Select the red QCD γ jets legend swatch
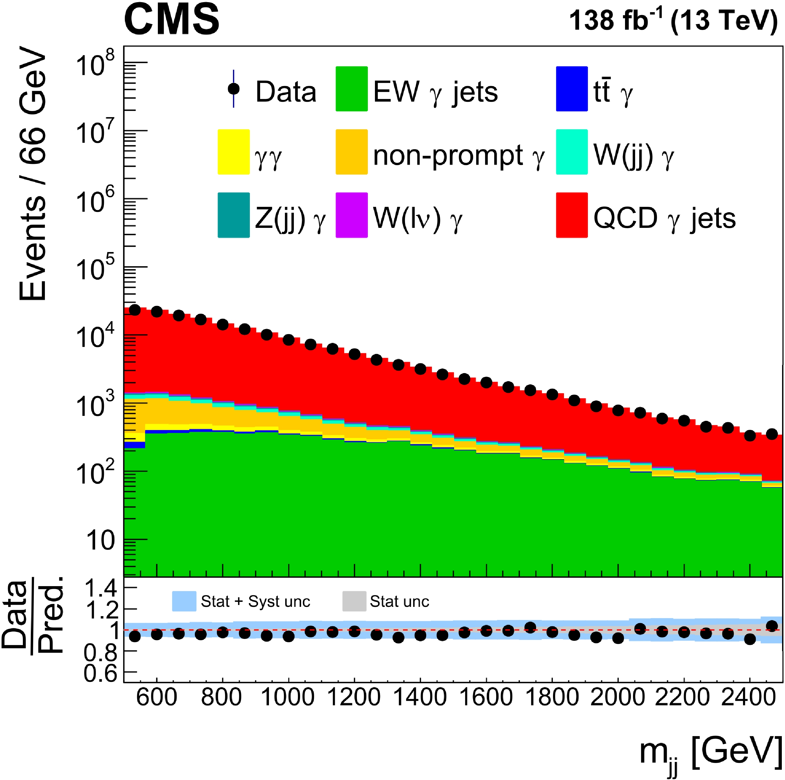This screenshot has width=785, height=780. (x=571, y=215)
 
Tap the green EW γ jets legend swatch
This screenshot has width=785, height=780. (x=352, y=88)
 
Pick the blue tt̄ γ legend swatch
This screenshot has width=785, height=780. (x=571, y=88)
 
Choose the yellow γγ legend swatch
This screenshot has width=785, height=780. (x=234, y=152)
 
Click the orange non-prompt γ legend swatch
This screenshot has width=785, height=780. (x=352, y=152)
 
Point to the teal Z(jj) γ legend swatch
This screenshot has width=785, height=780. (x=234, y=215)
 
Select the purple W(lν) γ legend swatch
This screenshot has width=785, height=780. (x=352, y=215)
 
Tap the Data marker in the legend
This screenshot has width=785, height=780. (x=234, y=88)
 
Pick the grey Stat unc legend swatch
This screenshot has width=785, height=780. (x=354, y=601)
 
